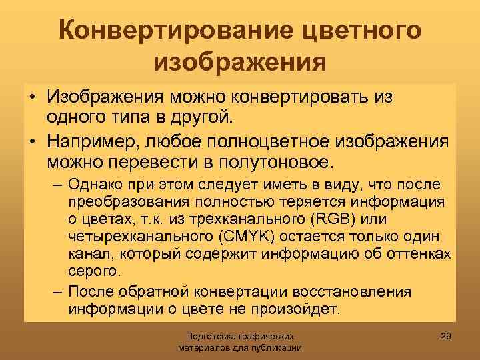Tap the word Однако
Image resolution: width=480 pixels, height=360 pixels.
94,185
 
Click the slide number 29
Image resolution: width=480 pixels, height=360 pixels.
447,333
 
